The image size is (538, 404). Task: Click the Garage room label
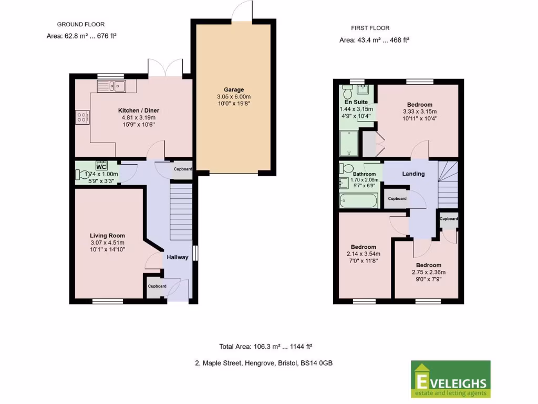coord(234,90)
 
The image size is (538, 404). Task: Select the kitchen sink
coord(111,85)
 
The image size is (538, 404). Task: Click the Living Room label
coord(107,236)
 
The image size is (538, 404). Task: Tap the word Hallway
coord(178,257)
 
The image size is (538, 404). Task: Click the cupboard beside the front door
coord(156,287)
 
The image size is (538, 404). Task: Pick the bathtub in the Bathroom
coord(358,201)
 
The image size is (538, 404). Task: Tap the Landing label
coord(413,174)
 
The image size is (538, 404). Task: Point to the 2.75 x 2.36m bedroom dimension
coord(428,272)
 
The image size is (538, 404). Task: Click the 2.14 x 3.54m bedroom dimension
coord(363,254)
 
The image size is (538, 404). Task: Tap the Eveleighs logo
coord(450,379)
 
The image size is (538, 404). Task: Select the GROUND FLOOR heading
coord(80,24)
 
